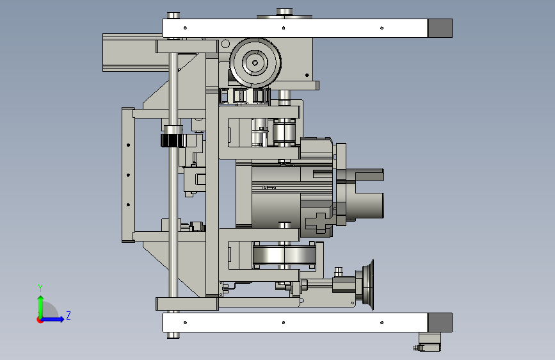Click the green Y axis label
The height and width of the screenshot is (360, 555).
(40, 288)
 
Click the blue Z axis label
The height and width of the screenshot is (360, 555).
(68, 315)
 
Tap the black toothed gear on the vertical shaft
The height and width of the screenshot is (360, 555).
(173, 140)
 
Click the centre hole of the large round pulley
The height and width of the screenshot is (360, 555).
(255, 63)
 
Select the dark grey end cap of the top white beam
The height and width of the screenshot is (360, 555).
(440, 28)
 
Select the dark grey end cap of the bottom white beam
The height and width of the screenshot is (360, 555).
(440, 322)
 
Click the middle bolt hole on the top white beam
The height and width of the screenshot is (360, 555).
(284, 28)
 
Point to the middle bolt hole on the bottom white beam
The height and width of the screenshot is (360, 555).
(284, 322)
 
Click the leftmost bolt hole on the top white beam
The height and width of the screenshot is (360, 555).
(185, 28)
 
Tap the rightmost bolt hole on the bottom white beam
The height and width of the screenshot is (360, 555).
(382, 322)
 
